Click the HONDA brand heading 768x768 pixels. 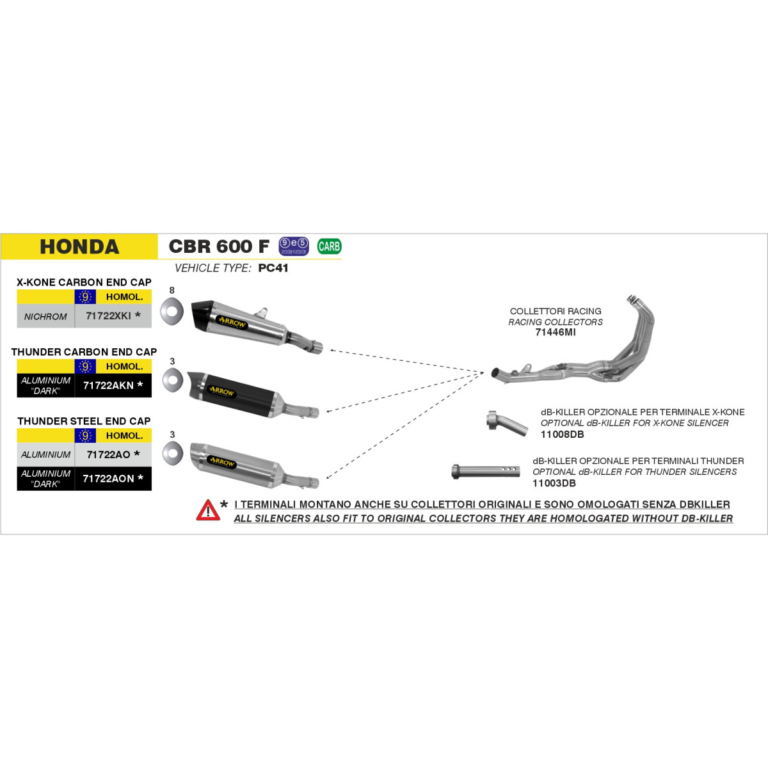click(80, 246)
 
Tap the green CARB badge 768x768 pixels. click(329, 246)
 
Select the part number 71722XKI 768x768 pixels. click(108, 316)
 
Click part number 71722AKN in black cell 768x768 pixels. click(108, 385)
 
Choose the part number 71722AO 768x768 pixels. click(108, 454)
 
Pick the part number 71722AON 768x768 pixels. click(108, 478)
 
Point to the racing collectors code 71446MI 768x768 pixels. click(555, 332)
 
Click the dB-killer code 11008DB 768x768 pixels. click(562, 434)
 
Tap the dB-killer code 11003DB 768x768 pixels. click(554, 483)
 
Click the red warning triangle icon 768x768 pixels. click(208, 511)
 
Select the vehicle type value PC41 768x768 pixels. click(273, 268)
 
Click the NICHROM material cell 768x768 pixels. click(45, 316)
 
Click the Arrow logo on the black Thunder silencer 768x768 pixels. click(222, 392)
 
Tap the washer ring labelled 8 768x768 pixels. click(172, 310)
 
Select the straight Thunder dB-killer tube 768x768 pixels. click(485, 472)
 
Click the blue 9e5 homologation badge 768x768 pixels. click(294, 246)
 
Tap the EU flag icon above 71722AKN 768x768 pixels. click(85, 366)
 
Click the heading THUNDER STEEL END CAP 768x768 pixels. click(84, 421)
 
